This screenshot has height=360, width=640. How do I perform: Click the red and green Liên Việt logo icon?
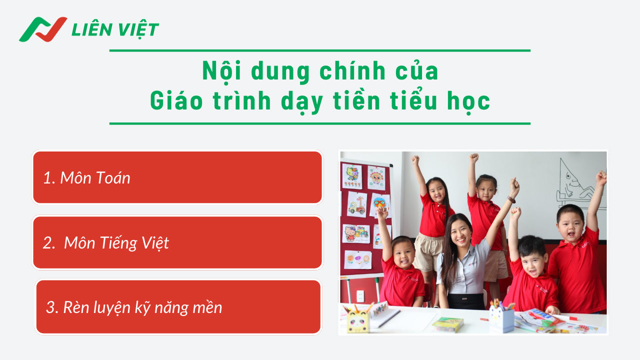43,29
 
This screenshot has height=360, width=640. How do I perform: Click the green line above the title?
320,50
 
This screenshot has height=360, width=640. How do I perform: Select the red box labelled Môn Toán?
177,177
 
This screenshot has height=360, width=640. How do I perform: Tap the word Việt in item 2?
154,243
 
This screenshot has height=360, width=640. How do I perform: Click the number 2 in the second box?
48,243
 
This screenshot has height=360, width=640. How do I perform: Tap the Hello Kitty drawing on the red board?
355,233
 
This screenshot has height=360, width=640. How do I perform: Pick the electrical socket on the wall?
360,295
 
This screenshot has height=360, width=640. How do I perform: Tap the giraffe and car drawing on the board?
356,204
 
